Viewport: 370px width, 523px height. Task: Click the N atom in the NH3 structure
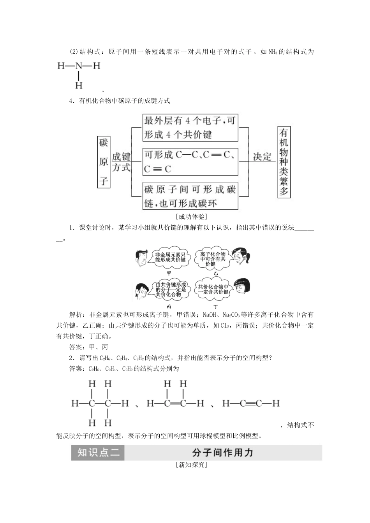pyautogui.click(x=79, y=66)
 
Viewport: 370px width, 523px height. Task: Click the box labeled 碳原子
pyautogui.click(x=104, y=162)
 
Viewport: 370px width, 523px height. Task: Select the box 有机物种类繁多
pyautogui.click(x=284, y=161)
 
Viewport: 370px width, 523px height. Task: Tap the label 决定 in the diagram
pyautogui.click(x=262, y=157)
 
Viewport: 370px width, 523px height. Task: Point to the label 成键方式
pyautogui.click(x=122, y=162)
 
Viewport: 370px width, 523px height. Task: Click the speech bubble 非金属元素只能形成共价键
pyautogui.click(x=170, y=257)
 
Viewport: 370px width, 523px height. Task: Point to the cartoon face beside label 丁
pyautogui.click(x=241, y=288)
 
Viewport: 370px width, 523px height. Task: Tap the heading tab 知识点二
pyautogui.click(x=98, y=453)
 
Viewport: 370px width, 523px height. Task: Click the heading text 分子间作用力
pyautogui.click(x=223, y=453)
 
